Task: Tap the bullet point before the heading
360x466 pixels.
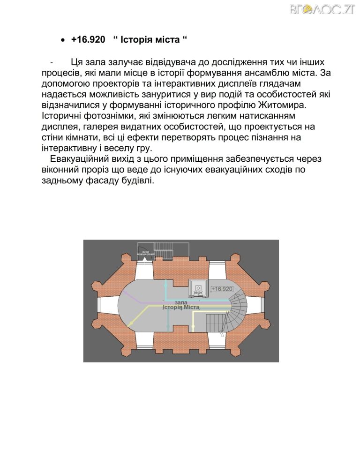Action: (63, 41)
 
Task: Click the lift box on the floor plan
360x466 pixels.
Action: (197, 287)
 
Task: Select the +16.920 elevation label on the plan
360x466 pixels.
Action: (222, 289)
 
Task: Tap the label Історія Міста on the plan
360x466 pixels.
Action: (181, 308)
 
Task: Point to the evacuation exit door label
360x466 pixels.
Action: (146, 253)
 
